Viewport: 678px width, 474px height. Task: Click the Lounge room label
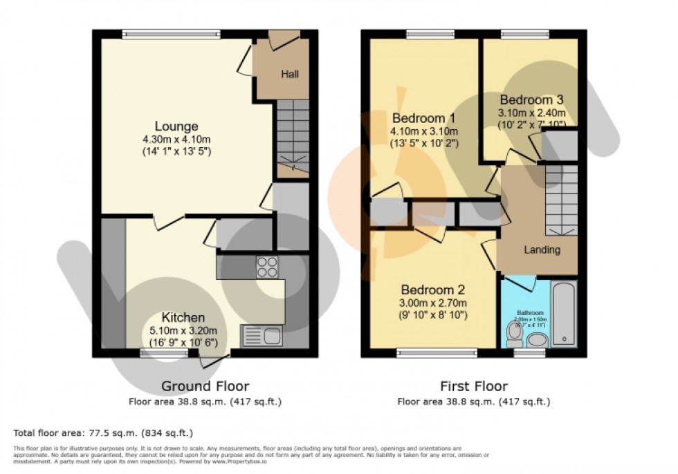point(176,126)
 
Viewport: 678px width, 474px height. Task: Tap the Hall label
point(290,74)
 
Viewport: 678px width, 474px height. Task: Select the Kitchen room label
point(183,318)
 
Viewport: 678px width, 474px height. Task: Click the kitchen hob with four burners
point(268,267)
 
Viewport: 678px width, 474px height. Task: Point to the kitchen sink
point(262,336)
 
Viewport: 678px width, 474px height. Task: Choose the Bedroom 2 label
point(433,290)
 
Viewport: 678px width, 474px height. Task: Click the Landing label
point(542,250)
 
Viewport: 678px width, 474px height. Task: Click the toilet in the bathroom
point(514,335)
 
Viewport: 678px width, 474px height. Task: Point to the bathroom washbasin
point(537,339)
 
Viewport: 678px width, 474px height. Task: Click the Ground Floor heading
point(205,386)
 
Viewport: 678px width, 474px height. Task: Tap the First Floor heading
point(473,386)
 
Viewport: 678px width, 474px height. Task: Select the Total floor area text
point(102,433)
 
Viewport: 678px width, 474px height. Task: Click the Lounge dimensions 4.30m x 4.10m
point(176,139)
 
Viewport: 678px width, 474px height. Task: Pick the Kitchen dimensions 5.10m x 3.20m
point(183,330)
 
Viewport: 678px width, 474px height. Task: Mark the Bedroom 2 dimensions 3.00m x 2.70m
point(433,303)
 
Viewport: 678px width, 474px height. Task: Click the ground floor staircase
point(293,138)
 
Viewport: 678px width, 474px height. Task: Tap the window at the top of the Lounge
point(171,32)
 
